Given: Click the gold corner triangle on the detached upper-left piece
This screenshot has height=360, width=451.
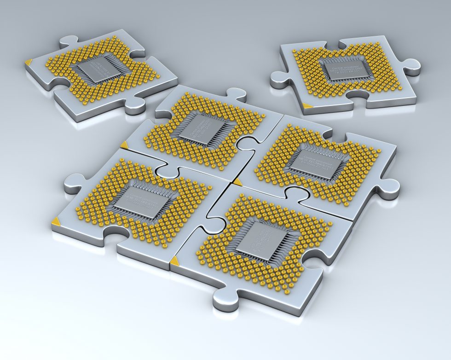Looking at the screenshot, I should tap(29, 62).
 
